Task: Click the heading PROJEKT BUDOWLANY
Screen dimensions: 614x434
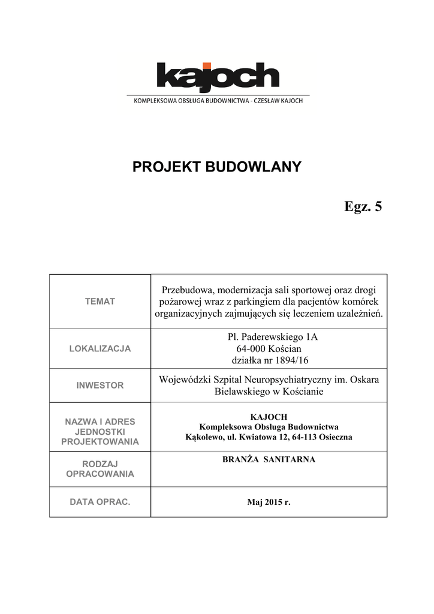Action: [x=216, y=167]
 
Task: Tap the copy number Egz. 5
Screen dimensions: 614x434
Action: [x=363, y=207]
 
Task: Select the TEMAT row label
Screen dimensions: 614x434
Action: [x=100, y=302]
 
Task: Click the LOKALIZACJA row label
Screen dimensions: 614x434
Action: [x=100, y=348]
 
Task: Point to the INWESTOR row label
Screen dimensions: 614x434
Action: [x=100, y=386]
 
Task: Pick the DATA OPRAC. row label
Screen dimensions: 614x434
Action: [x=100, y=501]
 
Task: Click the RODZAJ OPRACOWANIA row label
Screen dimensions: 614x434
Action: [x=100, y=469]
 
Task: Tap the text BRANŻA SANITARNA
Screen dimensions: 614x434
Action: [x=269, y=459]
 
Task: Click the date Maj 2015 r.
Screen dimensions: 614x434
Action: [x=269, y=502]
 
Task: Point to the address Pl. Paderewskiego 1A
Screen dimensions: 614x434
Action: [x=269, y=337]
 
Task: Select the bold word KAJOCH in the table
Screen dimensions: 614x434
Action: [x=269, y=417]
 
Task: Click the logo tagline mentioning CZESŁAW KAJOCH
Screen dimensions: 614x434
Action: [x=217, y=101]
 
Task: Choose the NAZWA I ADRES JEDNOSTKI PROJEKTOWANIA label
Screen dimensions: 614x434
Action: [x=100, y=432]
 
